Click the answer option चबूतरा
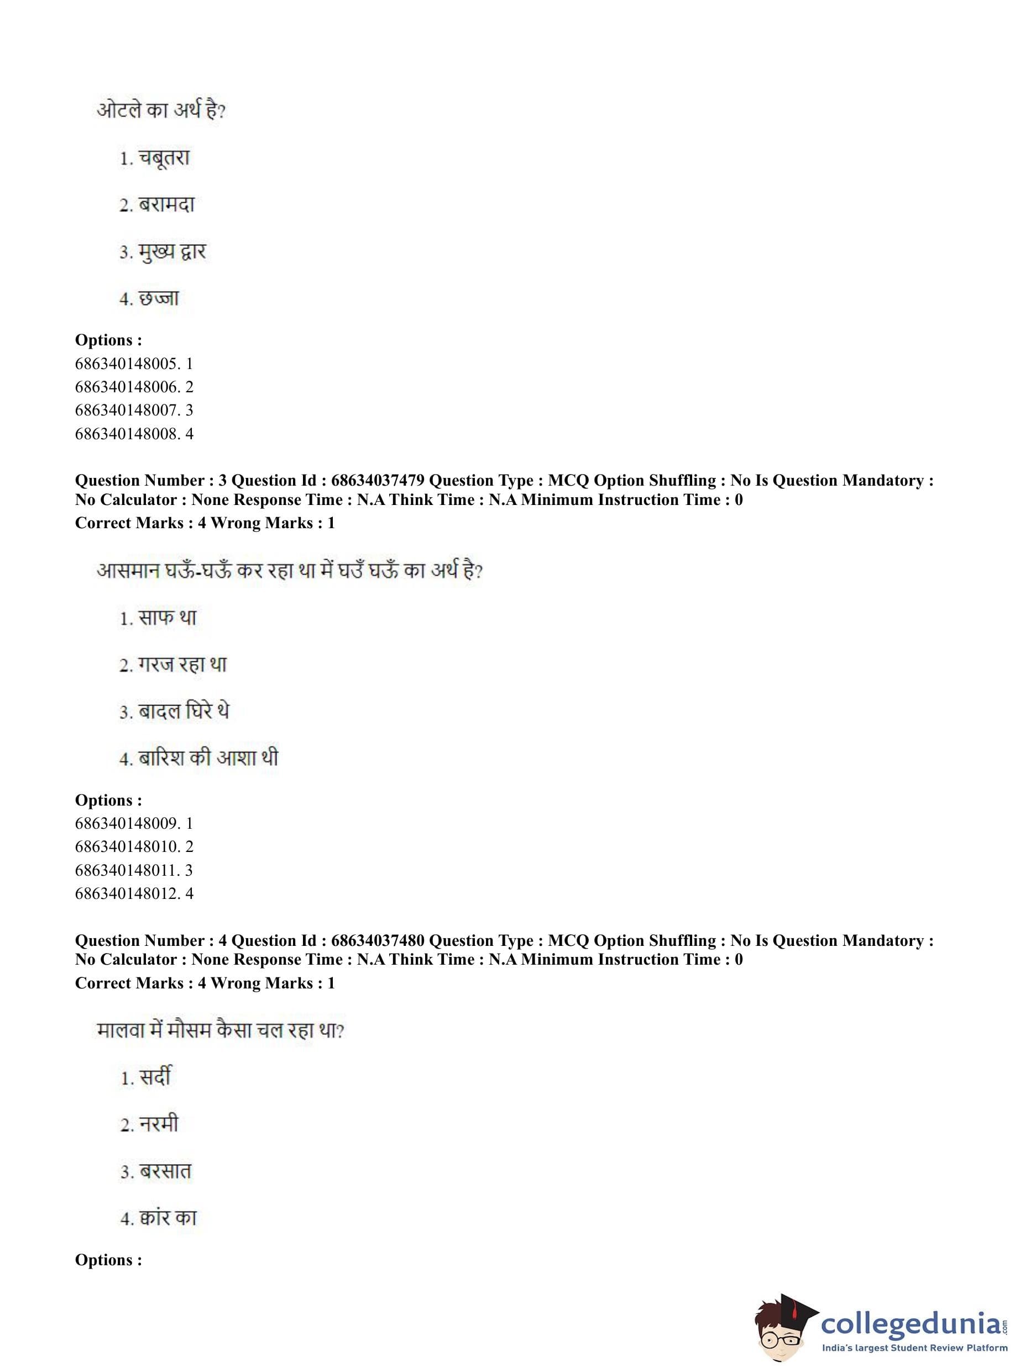point(164,159)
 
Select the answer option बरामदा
point(166,205)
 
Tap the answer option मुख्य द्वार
point(171,252)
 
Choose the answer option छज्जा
point(158,299)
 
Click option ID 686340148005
point(127,364)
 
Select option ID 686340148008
point(127,434)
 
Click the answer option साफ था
point(167,618)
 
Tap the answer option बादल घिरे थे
point(183,712)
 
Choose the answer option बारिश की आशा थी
point(208,758)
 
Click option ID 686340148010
point(127,846)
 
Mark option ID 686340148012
point(127,893)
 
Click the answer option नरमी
point(159,1124)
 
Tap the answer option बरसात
point(165,1171)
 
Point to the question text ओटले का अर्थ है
point(161,111)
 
